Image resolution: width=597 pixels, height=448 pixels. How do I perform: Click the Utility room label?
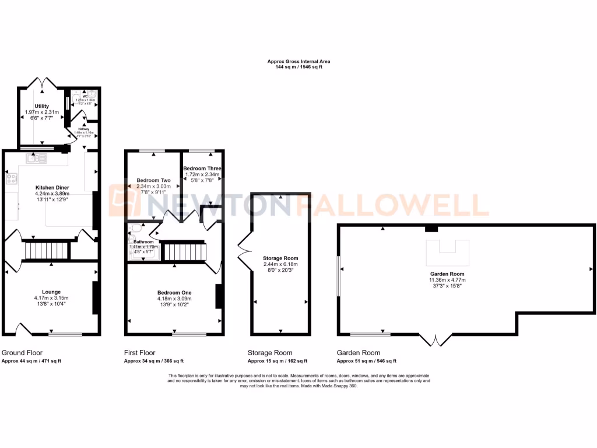tap(41, 106)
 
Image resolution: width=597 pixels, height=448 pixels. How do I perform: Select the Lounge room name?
tap(51, 292)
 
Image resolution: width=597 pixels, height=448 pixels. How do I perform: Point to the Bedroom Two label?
tap(152, 180)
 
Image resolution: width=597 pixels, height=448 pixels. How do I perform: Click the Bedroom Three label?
tap(202, 168)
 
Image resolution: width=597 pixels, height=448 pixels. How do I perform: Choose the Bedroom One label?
tap(174, 292)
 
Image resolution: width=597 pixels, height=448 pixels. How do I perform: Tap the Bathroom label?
tap(143, 242)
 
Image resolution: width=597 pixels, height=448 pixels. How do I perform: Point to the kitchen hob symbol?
tap(11, 180)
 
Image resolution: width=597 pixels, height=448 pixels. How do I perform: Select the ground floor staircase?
tap(46, 251)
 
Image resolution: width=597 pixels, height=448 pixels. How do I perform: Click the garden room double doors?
tap(436, 338)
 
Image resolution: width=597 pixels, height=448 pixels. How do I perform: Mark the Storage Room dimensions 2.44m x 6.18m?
tap(280, 264)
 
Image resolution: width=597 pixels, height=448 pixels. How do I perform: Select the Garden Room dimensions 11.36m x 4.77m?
tap(448, 279)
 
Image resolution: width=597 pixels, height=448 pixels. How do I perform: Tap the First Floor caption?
tap(140, 353)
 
